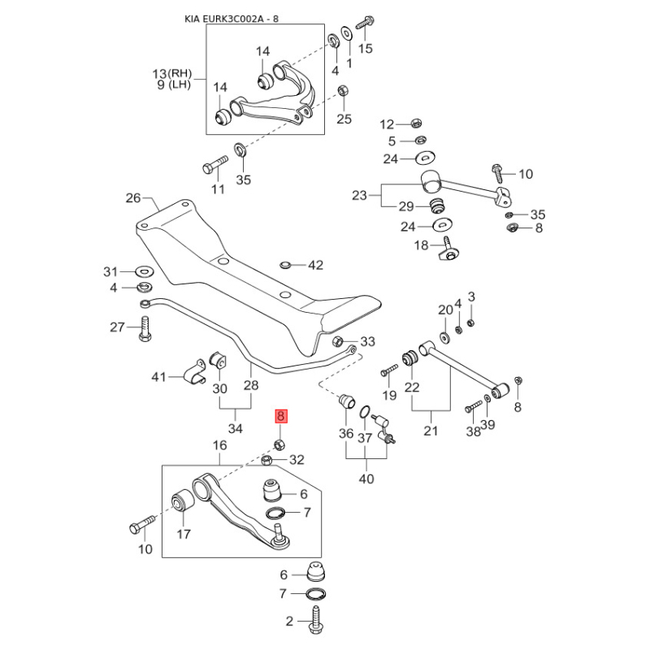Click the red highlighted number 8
(x=280, y=416)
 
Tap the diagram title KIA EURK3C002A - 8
(x=232, y=19)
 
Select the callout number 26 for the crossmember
(x=133, y=198)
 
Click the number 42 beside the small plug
(x=315, y=266)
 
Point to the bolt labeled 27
(x=145, y=329)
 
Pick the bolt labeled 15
(x=364, y=21)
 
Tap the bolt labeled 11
(x=214, y=165)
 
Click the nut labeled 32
(x=267, y=460)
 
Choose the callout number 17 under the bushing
(x=184, y=534)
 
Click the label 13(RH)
(x=172, y=74)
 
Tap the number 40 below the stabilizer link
(x=366, y=479)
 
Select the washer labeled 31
(x=145, y=272)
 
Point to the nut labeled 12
(x=415, y=123)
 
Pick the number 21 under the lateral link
(x=431, y=431)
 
